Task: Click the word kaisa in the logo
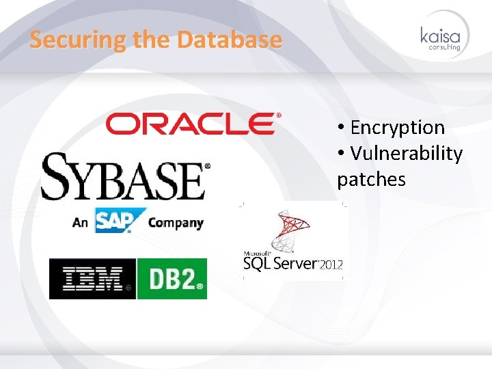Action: coord(441,36)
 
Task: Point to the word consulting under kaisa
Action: coord(444,48)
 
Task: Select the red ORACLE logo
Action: coord(193,124)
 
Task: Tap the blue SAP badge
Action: coord(120,221)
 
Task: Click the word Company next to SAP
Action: coord(176,222)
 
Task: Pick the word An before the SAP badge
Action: coord(81,222)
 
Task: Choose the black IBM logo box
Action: coord(92,279)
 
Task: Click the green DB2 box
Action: coord(172,279)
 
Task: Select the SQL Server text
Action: coord(281,264)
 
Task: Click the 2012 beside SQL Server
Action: coord(331,264)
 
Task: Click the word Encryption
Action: coord(397,127)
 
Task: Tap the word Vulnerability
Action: coord(406,153)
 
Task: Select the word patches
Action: coord(371,179)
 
